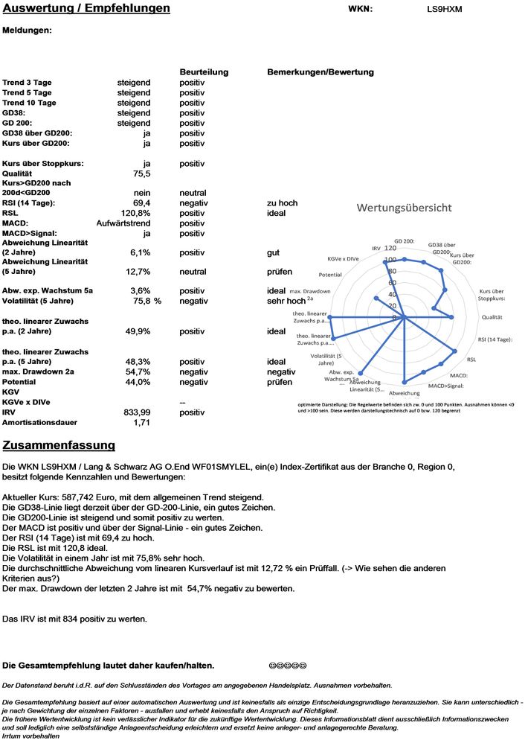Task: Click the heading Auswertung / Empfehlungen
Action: (x=86, y=9)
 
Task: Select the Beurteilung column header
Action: (x=204, y=72)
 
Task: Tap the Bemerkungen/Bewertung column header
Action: (x=320, y=72)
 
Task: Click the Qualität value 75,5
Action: (x=141, y=173)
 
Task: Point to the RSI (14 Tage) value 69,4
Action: (x=141, y=203)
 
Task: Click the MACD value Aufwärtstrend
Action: (x=123, y=223)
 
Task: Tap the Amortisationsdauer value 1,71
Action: (x=141, y=422)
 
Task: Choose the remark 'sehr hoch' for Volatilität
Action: (x=286, y=301)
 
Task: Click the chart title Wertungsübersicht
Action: (x=404, y=208)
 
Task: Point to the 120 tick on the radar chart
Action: (x=390, y=248)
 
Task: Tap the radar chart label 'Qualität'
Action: (x=492, y=317)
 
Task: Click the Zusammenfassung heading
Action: (x=59, y=445)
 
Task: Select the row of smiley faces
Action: (x=288, y=665)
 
